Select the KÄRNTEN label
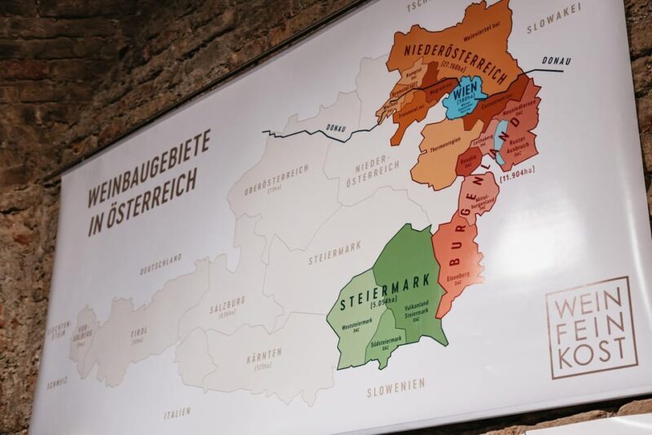coord(262,356)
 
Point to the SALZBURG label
coord(227,306)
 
